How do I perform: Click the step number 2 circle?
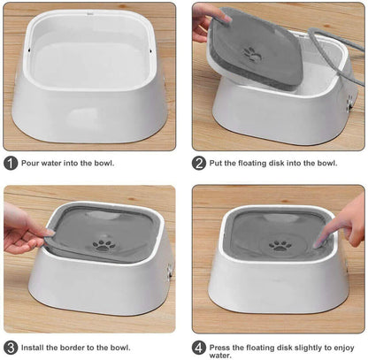199,164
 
